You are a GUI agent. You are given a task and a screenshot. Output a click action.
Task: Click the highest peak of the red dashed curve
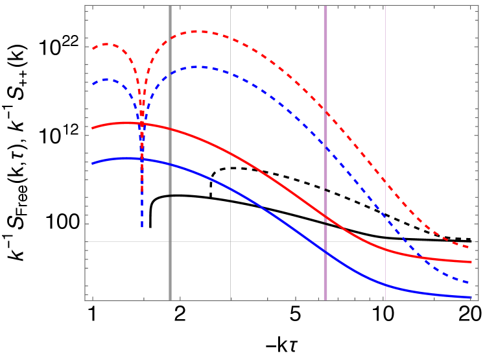point(201,31)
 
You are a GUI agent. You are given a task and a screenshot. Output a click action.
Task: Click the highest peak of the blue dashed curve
point(201,66)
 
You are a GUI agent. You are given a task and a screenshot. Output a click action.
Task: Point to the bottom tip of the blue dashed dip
point(142,227)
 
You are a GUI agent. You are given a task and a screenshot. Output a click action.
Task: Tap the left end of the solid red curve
point(92,128)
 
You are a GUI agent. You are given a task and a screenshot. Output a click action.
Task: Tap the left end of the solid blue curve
point(92,164)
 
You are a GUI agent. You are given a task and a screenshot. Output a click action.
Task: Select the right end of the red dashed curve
point(470,247)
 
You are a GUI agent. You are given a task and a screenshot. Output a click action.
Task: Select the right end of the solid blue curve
point(470,297)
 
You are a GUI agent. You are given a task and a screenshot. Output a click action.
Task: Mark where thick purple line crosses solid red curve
point(325,217)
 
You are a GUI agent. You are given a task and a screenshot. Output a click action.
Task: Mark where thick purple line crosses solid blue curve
point(325,252)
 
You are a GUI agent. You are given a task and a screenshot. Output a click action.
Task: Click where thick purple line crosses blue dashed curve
point(325,149)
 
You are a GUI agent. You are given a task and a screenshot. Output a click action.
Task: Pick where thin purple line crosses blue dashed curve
point(385,217)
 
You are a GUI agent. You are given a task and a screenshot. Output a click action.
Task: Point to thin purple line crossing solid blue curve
point(385,284)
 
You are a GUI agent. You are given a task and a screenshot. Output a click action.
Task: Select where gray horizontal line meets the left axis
point(85,241)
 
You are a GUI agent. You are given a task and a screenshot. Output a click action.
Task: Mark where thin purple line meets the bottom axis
point(385,300)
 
